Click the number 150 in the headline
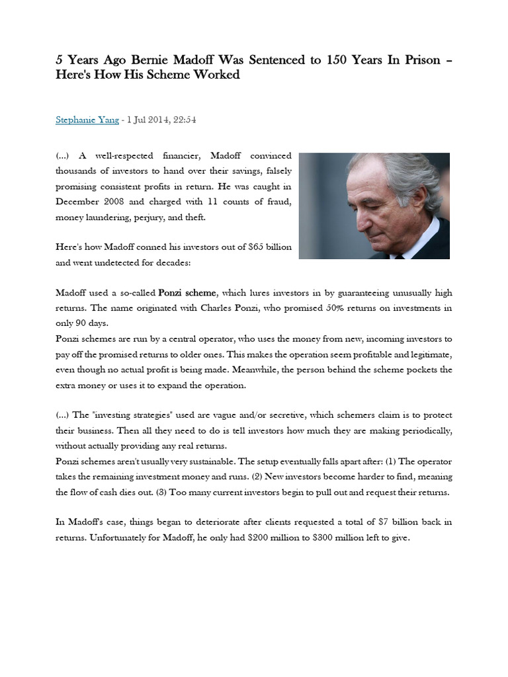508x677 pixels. [x=337, y=60]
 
